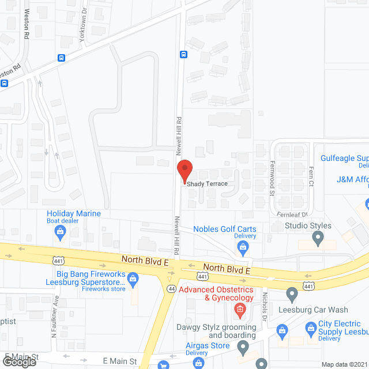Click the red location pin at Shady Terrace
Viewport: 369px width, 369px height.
184,172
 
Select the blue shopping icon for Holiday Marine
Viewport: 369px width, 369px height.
60,232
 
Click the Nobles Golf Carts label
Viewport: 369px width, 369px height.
233,229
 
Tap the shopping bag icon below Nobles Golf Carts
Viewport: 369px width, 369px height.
243,249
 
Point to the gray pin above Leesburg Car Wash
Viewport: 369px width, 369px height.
292,295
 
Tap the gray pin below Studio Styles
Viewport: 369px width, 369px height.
317,237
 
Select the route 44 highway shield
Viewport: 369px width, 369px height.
171,288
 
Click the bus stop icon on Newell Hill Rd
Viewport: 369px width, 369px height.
183,55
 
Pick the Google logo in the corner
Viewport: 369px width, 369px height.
19,362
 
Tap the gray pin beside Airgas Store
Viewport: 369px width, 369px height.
243,348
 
